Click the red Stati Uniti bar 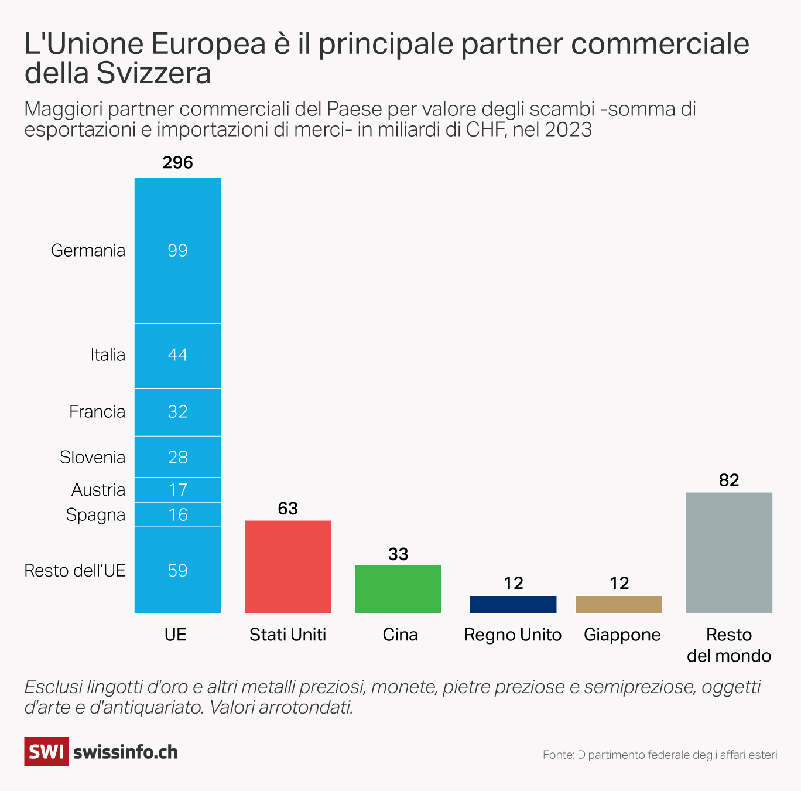point(287,567)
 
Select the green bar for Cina point(398,589)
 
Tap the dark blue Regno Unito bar point(513,604)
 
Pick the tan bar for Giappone point(619,604)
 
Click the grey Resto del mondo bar point(729,553)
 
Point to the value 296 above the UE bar point(177,162)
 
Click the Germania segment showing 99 point(177,250)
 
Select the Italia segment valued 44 point(177,355)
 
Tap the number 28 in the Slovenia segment point(177,457)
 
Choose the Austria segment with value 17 point(177,490)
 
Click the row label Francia point(97,412)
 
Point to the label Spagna point(95,515)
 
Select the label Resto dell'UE point(75,571)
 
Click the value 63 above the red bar point(287,509)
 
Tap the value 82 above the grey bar point(729,480)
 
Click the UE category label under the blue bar point(176,635)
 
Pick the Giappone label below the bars point(622,635)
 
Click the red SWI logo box point(46,752)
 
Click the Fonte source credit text point(660,755)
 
